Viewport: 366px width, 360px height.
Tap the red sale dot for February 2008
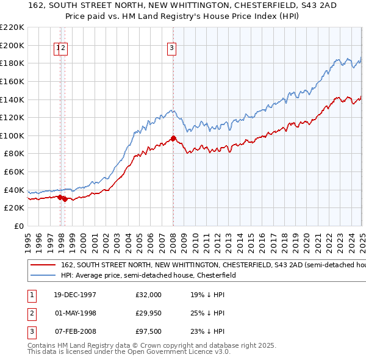tap(173, 139)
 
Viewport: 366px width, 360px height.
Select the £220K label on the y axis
tap(12, 27)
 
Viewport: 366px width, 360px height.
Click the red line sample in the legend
tap(43, 265)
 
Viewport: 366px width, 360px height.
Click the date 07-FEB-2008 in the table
tap(73, 333)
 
